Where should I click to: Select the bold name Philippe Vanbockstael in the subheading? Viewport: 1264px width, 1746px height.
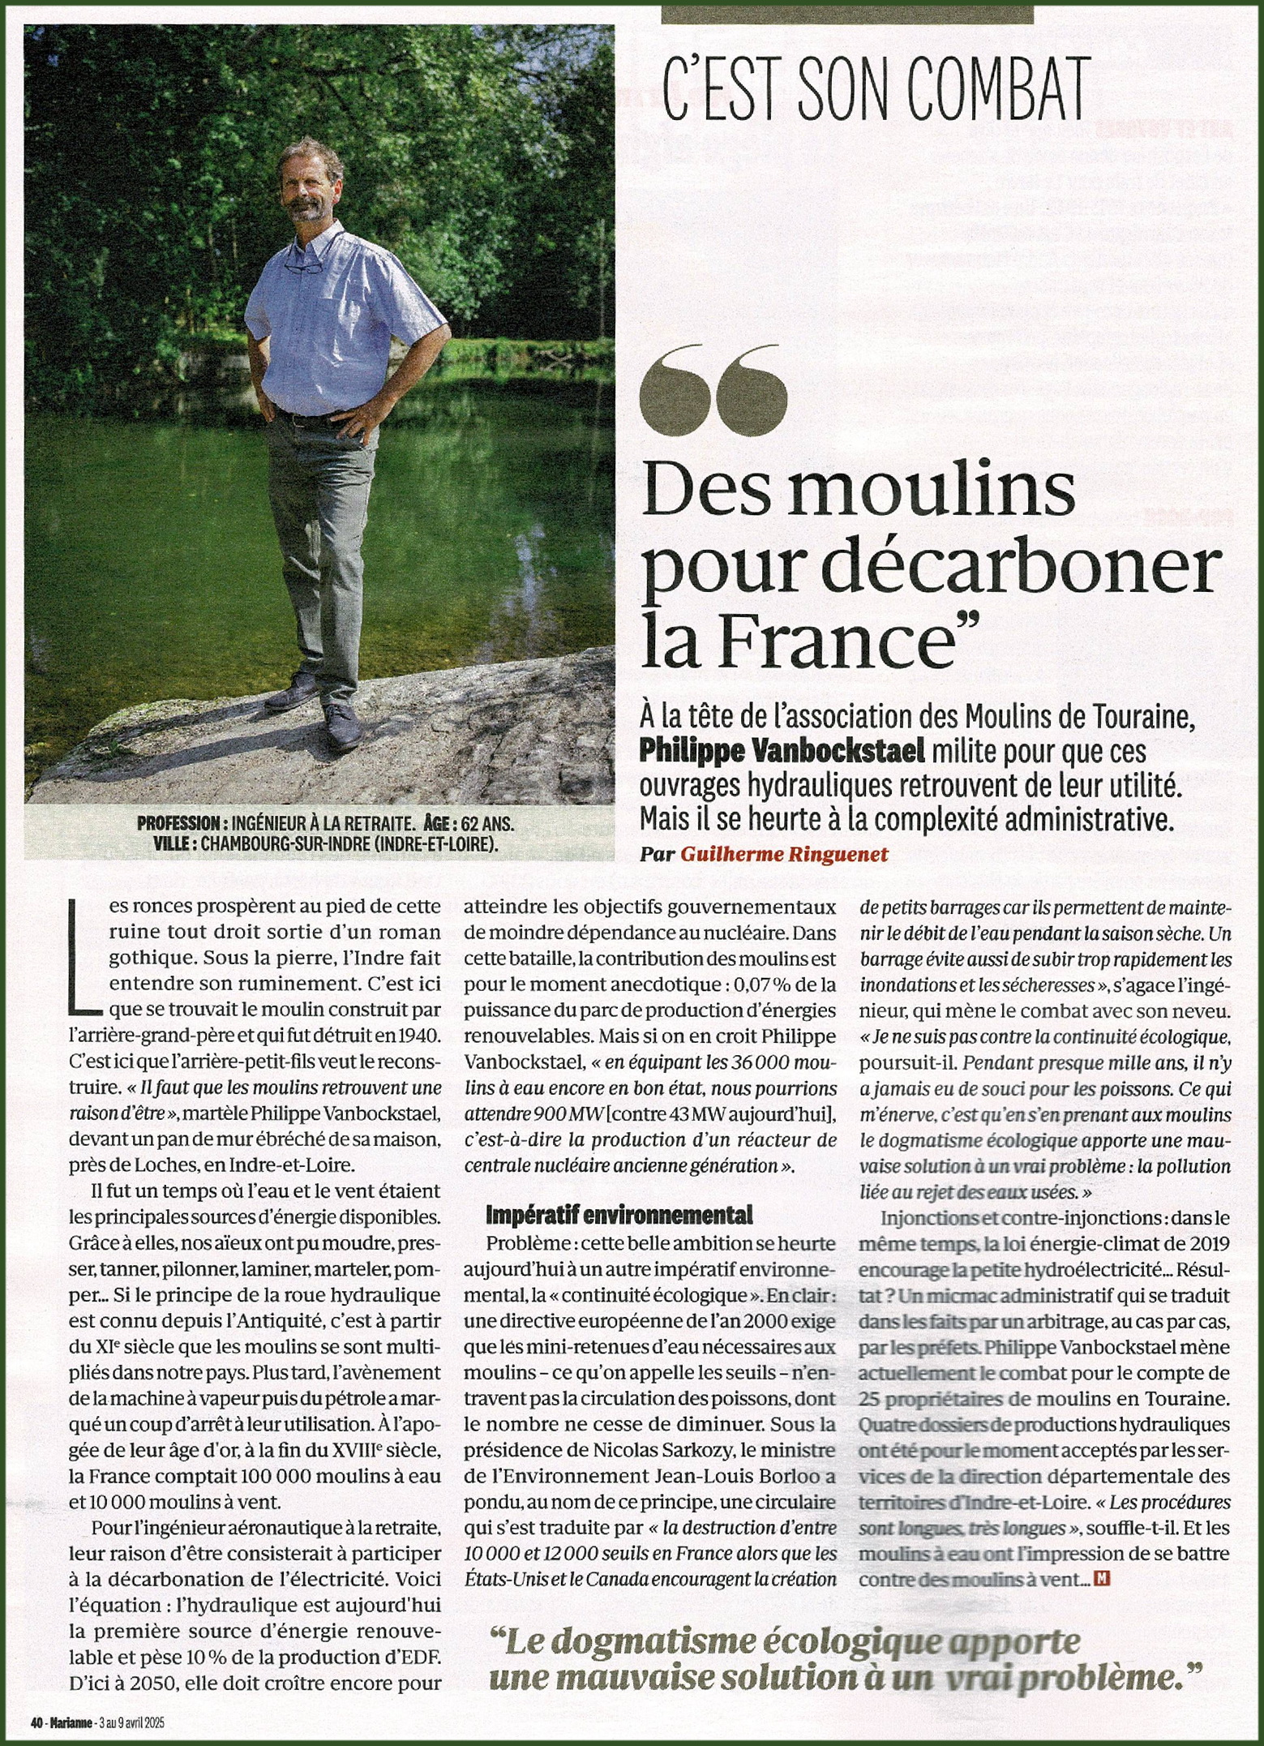[x=782, y=750]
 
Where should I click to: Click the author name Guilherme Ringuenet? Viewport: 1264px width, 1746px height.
[x=784, y=854]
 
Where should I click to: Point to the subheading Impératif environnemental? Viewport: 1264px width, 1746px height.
[x=619, y=1215]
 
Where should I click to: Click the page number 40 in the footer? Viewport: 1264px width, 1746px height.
[x=36, y=1723]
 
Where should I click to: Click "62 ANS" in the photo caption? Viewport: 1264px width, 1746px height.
[x=486, y=824]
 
